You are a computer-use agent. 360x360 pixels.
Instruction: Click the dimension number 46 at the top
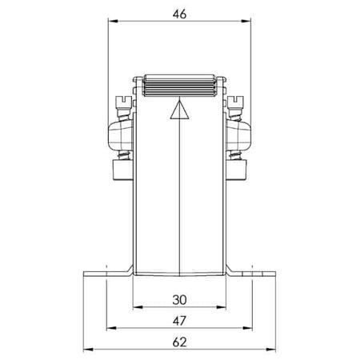click(179, 14)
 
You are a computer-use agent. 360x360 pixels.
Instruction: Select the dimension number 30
click(179, 300)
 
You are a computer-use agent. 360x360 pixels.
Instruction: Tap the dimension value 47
click(179, 321)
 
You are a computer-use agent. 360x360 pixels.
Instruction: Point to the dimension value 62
click(179, 342)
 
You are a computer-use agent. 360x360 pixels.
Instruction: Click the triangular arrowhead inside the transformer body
click(180, 110)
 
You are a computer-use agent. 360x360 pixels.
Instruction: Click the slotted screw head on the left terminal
click(123, 102)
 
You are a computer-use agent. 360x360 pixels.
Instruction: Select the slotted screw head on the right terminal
click(236, 102)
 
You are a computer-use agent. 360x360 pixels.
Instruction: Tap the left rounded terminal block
click(121, 134)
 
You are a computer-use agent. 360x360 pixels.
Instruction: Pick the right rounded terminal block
click(238, 134)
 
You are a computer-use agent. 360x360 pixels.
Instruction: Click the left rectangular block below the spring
click(123, 170)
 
